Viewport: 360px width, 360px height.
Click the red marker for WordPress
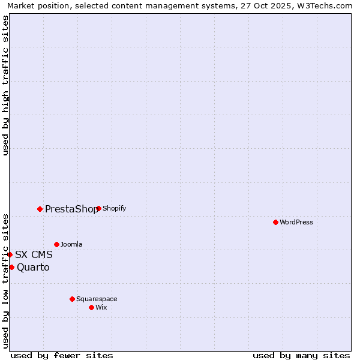coord(275,222)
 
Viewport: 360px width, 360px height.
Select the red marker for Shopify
coord(98,209)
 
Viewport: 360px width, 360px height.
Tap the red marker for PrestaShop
coord(40,209)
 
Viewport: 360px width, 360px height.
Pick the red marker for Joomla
coord(56,244)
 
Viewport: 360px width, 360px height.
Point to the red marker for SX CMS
coord(10,254)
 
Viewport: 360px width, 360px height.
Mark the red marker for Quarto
coord(11,267)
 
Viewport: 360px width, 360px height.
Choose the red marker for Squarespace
coord(72,299)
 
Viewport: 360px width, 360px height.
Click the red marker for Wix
coord(91,307)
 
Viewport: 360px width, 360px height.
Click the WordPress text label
coord(296,222)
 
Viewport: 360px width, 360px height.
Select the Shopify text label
coord(115,209)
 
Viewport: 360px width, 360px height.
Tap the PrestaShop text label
coord(71,209)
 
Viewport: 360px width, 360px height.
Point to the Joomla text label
coord(71,244)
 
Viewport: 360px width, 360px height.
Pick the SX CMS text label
coord(34,254)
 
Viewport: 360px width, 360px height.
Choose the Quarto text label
coord(33,268)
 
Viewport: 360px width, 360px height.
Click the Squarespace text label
coord(97,299)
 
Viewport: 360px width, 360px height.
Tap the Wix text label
coord(101,307)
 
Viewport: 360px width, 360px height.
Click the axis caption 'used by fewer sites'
coord(62,355)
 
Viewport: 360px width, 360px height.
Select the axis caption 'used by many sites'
coord(301,355)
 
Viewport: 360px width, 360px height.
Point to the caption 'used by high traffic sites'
coord(5,85)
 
